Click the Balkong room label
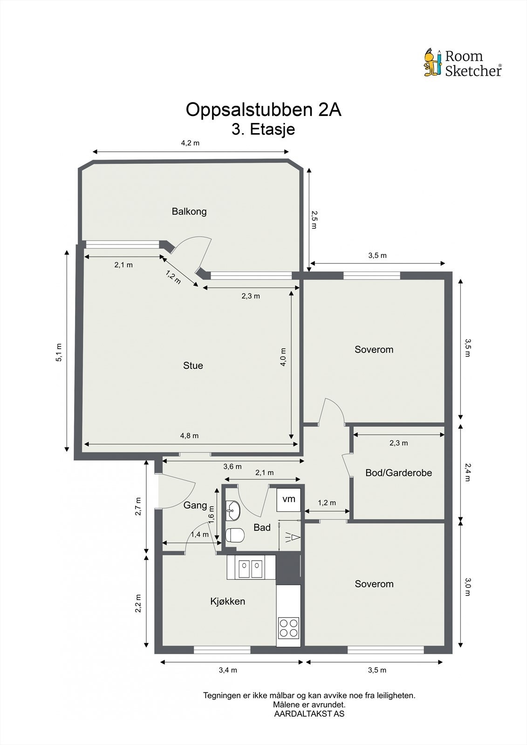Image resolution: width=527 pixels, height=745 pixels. click(x=189, y=211)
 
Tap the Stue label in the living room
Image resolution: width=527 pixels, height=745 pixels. click(x=193, y=366)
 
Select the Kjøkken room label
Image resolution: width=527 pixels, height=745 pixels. click(x=228, y=601)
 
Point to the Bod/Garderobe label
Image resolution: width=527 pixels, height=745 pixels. click(x=398, y=473)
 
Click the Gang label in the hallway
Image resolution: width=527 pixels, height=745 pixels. click(x=195, y=506)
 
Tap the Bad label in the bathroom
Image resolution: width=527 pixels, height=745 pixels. click(x=262, y=528)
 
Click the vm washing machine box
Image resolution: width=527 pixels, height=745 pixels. click(x=288, y=500)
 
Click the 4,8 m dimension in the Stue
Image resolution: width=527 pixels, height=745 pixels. click(x=190, y=436)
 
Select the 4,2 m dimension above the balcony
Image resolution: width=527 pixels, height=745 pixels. click(x=190, y=143)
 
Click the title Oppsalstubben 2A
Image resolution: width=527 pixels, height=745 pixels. click(x=263, y=109)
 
